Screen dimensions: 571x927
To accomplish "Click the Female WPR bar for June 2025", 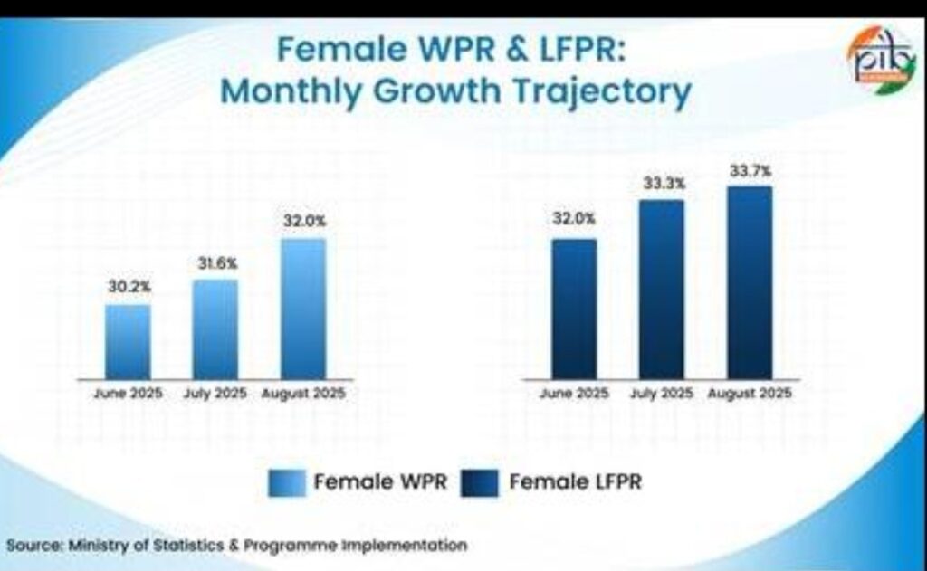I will click(x=128, y=341).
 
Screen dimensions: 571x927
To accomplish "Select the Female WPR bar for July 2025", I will click(x=215, y=328).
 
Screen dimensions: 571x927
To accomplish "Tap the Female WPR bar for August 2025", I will click(x=303, y=308).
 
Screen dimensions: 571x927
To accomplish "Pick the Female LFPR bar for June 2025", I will click(x=574, y=308).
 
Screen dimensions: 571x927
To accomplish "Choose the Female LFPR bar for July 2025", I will click(x=662, y=289).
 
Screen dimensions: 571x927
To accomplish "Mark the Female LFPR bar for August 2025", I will click(x=750, y=281).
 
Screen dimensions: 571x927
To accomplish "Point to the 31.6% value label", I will click(x=216, y=262).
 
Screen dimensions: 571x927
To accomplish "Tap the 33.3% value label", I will click(x=664, y=183).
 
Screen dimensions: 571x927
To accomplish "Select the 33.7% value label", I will click(x=751, y=169).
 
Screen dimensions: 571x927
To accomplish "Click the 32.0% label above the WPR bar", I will click(x=304, y=221).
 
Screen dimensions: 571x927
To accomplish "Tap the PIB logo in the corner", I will click(x=881, y=56).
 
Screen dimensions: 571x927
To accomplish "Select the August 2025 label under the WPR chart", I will click(x=303, y=394).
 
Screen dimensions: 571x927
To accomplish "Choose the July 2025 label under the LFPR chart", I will click(x=663, y=394).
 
